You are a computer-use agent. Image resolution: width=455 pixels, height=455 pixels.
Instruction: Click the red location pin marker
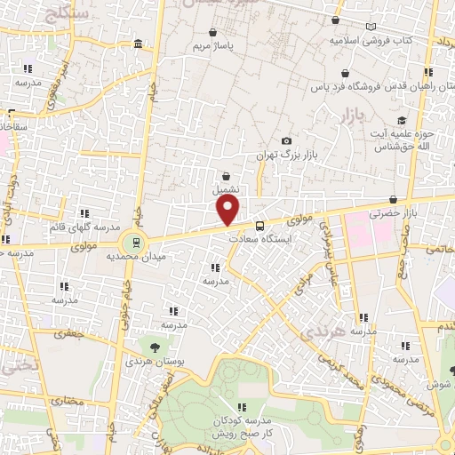coord(228,210)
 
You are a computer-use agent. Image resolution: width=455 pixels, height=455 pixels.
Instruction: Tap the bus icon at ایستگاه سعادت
coord(259,226)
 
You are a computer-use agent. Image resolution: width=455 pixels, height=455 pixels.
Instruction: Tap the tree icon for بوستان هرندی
coord(156,347)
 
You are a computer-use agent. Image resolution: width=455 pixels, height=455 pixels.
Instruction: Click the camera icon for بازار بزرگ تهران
coord(286,141)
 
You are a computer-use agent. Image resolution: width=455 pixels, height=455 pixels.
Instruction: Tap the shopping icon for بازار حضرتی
coord(393,201)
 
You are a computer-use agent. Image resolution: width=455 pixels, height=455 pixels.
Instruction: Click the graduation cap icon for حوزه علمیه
coord(402,120)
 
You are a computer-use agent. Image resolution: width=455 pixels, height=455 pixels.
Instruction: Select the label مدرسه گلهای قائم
coord(85,226)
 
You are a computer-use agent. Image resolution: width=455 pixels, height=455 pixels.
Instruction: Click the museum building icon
coord(138,44)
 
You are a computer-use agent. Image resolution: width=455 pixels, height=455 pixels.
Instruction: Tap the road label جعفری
coord(67,335)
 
